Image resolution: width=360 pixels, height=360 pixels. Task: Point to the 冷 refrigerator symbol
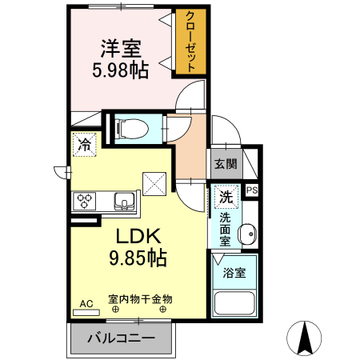pyautogui.click(x=83, y=146)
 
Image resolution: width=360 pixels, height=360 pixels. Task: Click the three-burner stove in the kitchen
pyautogui.click(x=86, y=201)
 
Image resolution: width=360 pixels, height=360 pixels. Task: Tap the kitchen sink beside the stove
pyautogui.click(x=123, y=201)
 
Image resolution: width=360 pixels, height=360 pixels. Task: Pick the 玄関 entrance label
pyautogui.click(x=225, y=164)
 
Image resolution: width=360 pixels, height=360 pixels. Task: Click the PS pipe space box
pyautogui.click(x=252, y=190)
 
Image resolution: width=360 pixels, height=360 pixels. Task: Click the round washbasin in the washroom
pyautogui.click(x=248, y=234)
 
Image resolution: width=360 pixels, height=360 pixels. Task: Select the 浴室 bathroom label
pyautogui.click(x=234, y=272)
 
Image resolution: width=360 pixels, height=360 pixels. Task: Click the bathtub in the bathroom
pyautogui.click(x=234, y=305)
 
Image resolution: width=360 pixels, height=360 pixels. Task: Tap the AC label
pyautogui.click(x=86, y=303)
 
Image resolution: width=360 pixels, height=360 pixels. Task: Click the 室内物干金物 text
pyautogui.click(x=140, y=299)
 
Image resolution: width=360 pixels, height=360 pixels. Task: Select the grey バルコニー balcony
pyautogui.click(x=121, y=338)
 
